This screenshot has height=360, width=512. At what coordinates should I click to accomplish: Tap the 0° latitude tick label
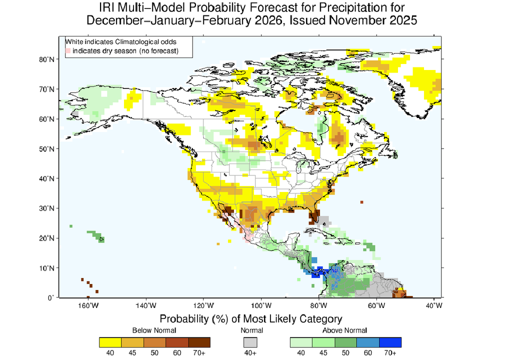point(51,297)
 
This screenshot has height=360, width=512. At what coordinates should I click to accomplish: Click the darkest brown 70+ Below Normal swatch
point(199,342)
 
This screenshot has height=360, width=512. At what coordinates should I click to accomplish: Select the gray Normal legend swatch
point(250,342)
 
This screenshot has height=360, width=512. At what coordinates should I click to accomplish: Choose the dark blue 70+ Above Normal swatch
point(390,342)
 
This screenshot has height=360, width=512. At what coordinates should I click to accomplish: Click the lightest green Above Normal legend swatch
point(301,342)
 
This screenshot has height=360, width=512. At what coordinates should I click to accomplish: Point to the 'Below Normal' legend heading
point(154,330)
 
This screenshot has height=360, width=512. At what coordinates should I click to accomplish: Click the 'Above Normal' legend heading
point(345,330)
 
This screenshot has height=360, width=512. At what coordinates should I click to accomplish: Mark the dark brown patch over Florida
point(314,217)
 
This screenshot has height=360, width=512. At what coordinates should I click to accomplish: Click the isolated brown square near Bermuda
point(361,202)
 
